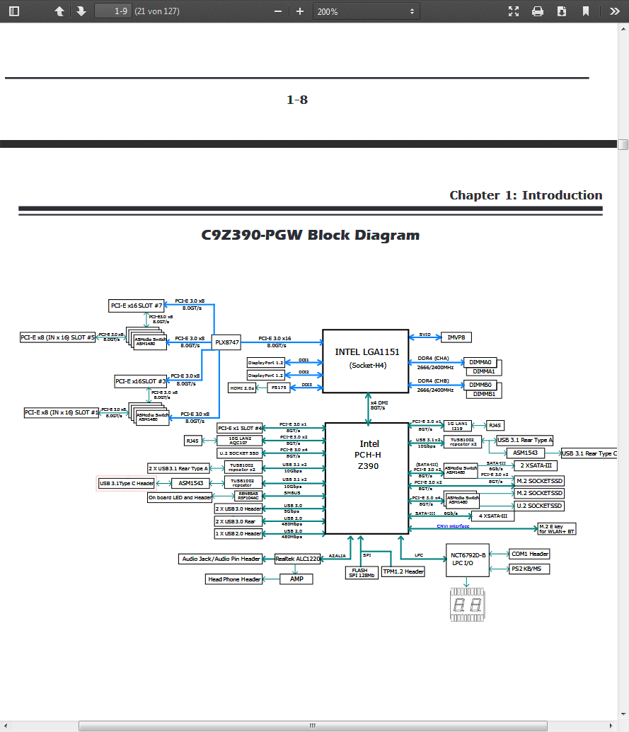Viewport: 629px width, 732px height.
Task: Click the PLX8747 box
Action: pos(227,342)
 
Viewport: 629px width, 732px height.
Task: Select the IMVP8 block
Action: pos(456,338)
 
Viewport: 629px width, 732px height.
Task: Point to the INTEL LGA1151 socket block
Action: pos(365,359)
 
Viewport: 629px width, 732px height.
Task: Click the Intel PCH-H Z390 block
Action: pos(367,478)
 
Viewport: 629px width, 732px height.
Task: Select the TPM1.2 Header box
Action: pos(403,571)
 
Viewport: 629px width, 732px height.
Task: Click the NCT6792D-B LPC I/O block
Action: pos(468,559)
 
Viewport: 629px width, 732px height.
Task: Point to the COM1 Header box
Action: pos(529,554)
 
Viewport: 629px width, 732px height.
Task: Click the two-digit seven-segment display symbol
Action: pos(467,605)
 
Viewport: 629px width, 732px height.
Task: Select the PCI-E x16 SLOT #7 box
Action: pos(137,306)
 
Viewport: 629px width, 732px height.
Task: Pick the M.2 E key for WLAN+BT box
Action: pos(557,528)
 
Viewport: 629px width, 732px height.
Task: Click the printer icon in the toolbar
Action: pos(538,11)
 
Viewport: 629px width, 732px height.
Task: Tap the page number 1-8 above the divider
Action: pos(297,100)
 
